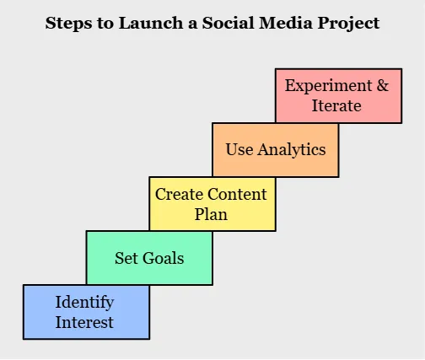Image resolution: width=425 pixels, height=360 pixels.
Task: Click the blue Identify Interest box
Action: (x=86, y=311)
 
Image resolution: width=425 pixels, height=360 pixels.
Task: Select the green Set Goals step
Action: (x=149, y=258)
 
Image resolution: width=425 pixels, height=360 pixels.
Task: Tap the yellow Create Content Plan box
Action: (x=212, y=203)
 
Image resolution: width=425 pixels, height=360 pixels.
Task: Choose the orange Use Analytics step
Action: (x=275, y=150)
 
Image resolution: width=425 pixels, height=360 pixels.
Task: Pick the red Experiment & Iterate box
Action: (x=338, y=95)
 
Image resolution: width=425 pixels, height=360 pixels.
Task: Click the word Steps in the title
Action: (x=66, y=23)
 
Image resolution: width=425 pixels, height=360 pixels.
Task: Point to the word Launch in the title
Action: (x=144, y=23)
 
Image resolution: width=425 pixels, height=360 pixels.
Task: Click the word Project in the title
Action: (x=347, y=24)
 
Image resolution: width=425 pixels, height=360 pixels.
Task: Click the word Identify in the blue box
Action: (x=84, y=302)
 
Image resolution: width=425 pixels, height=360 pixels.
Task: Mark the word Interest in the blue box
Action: (x=84, y=321)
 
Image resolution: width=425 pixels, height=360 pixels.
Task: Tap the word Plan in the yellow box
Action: (x=211, y=214)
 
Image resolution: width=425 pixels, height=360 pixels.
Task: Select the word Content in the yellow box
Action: (x=238, y=194)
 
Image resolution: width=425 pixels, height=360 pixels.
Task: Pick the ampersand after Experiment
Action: (x=381, y=86)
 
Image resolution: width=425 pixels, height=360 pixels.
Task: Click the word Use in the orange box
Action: (x=239, y=150)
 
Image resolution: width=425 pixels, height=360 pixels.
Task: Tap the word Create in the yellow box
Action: (x=179, y=194)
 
